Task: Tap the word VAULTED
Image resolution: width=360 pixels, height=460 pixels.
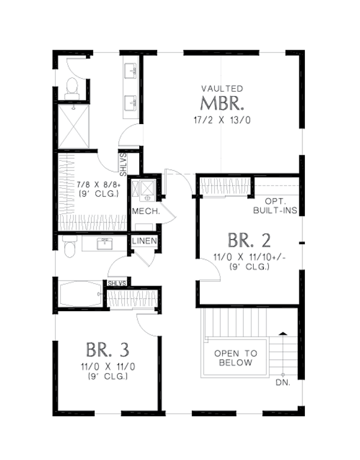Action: tap(222, 88)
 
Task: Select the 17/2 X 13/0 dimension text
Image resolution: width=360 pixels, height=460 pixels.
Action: tap(222, 119)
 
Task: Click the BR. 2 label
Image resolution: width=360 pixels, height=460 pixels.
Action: tap(249, 240)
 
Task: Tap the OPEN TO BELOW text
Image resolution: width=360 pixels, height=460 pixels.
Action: tap(235, 358)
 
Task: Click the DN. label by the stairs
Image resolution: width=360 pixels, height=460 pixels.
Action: tap(282, 381)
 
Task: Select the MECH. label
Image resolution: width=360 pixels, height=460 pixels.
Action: tap(145, 211)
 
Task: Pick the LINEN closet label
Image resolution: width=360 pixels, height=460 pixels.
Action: tap(145, 241)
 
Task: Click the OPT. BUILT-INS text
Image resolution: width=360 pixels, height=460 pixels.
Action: tap(275, 208)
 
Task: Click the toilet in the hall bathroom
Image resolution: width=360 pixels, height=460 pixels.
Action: tap(69, 245)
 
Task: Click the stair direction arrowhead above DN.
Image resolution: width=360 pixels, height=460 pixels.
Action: tap(282, 332)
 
